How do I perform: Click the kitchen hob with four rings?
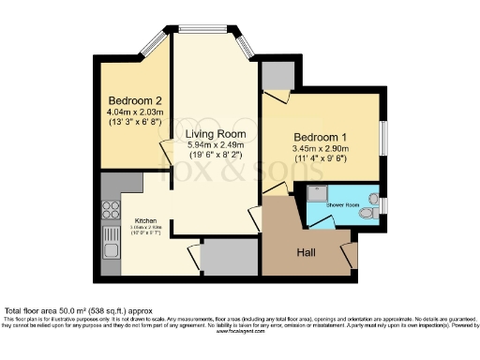[111, 211]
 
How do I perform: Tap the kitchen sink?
[111, 249]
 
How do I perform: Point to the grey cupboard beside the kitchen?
[229, 256]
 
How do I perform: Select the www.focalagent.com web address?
[240, 331]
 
